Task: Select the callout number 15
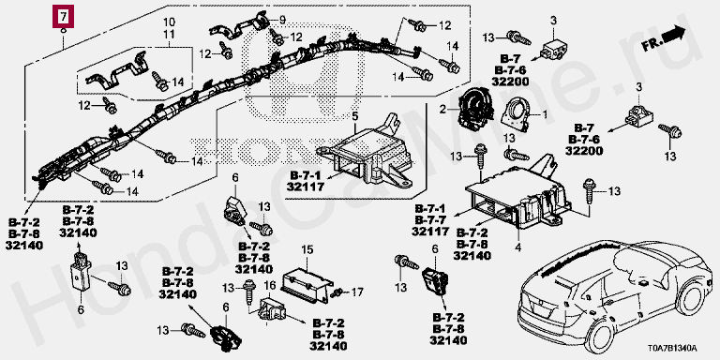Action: (307, 250)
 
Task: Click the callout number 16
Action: (269, 287)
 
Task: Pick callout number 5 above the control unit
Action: (354, 116)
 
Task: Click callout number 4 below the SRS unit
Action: (517, 248)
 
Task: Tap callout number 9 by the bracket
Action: (282, 20)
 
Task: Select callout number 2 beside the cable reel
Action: (442, 110)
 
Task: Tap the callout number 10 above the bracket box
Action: (169, 22)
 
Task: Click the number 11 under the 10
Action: (169, 34)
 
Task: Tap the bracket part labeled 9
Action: (241, 25)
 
